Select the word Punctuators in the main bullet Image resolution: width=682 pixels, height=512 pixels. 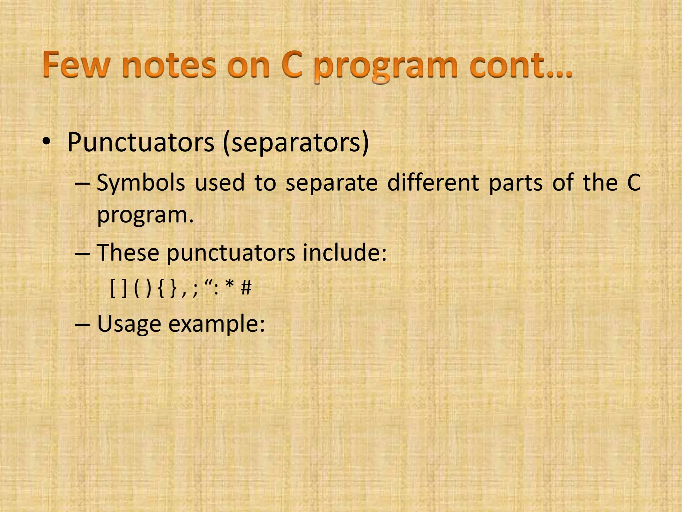tap(141, 143)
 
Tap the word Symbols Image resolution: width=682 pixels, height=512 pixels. tap(141, 183)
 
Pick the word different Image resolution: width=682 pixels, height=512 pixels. tap(433, 183)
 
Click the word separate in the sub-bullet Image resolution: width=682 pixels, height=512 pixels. tap(332, 183)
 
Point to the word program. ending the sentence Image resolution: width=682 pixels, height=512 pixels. tap(145, 215)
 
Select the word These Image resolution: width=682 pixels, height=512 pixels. tap(128, 253)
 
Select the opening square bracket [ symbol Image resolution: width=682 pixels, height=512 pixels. tap(113, 288)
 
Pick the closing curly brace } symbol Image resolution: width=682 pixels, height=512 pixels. tap(173, 288)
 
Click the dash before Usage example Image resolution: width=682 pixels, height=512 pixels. tap(83, 324)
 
